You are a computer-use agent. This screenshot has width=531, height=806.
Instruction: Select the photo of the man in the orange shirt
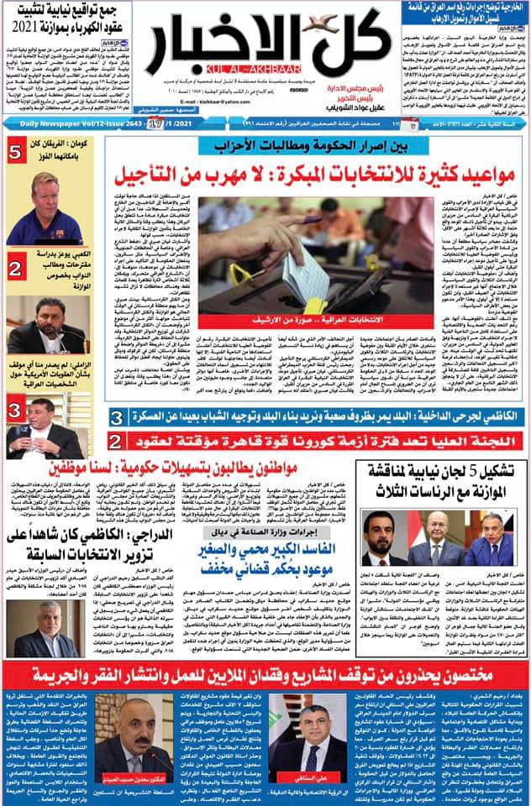(57, 208)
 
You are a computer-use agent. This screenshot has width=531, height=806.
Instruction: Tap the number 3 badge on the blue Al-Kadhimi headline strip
(118, 417)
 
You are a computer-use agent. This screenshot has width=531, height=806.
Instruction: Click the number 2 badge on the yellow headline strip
(118, 440)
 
